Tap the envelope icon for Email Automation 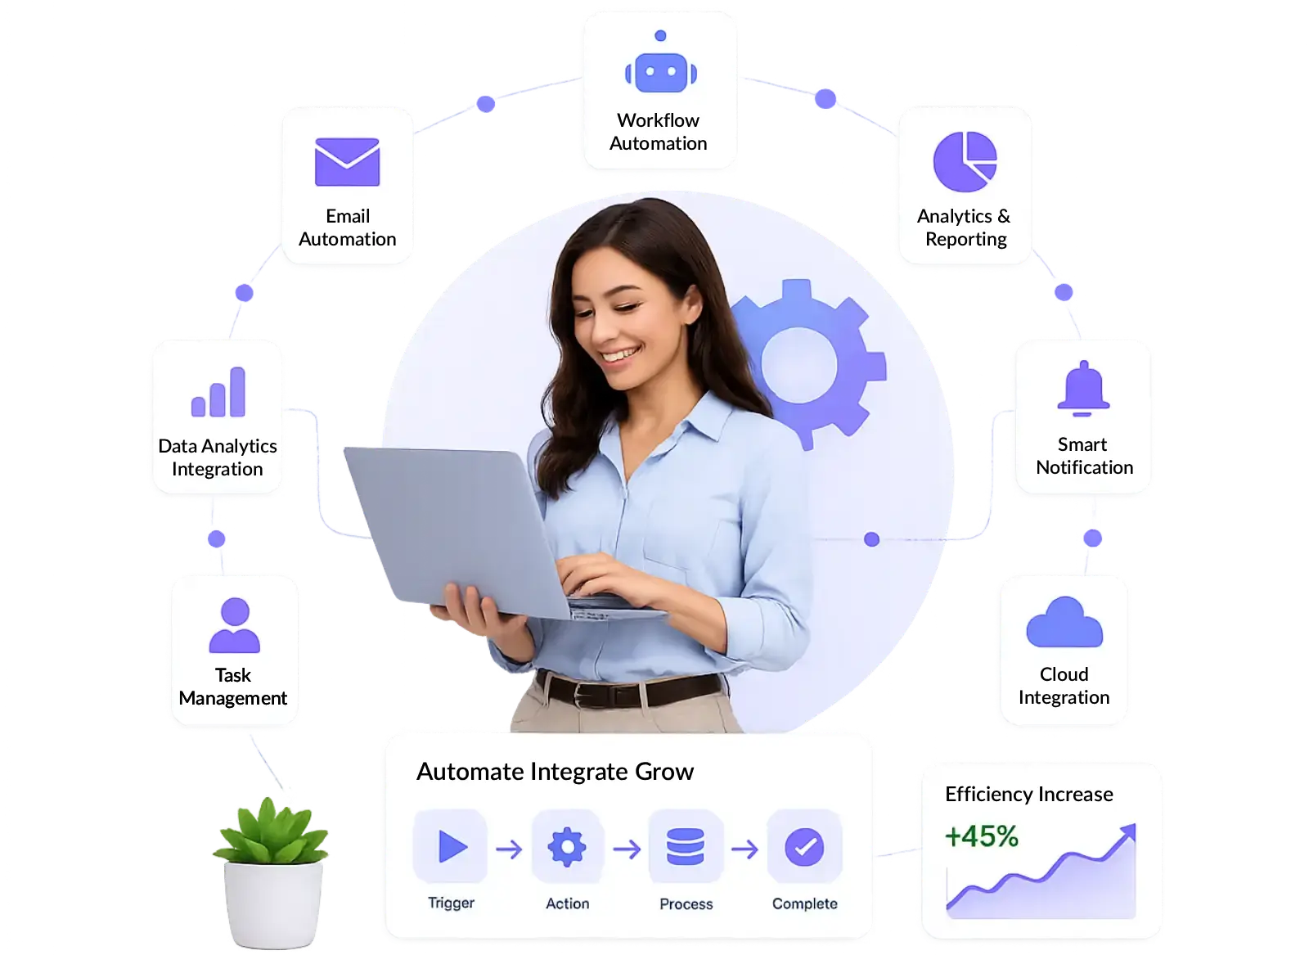[x=347, y=162]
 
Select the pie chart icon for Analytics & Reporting [x=965, y=161]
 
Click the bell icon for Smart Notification [x=1083, y=388]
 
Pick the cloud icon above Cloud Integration [x=1064, y=622]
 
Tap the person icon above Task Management [x=234, y=624]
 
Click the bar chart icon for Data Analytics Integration [x=218, y=392]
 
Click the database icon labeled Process [x=685, y=846]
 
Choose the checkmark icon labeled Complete [x=804, y=847]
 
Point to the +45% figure [x=981, y=836]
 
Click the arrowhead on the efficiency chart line [x=1128, y=832]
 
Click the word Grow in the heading [x=663, y=772]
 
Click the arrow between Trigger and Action [x=508, y=849]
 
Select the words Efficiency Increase [x=1028, y=795]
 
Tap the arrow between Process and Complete [x=744, y=849]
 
